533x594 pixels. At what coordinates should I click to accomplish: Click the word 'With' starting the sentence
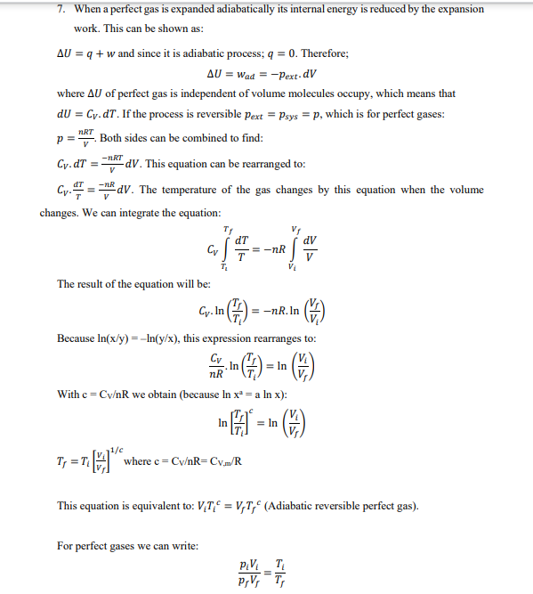68,395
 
